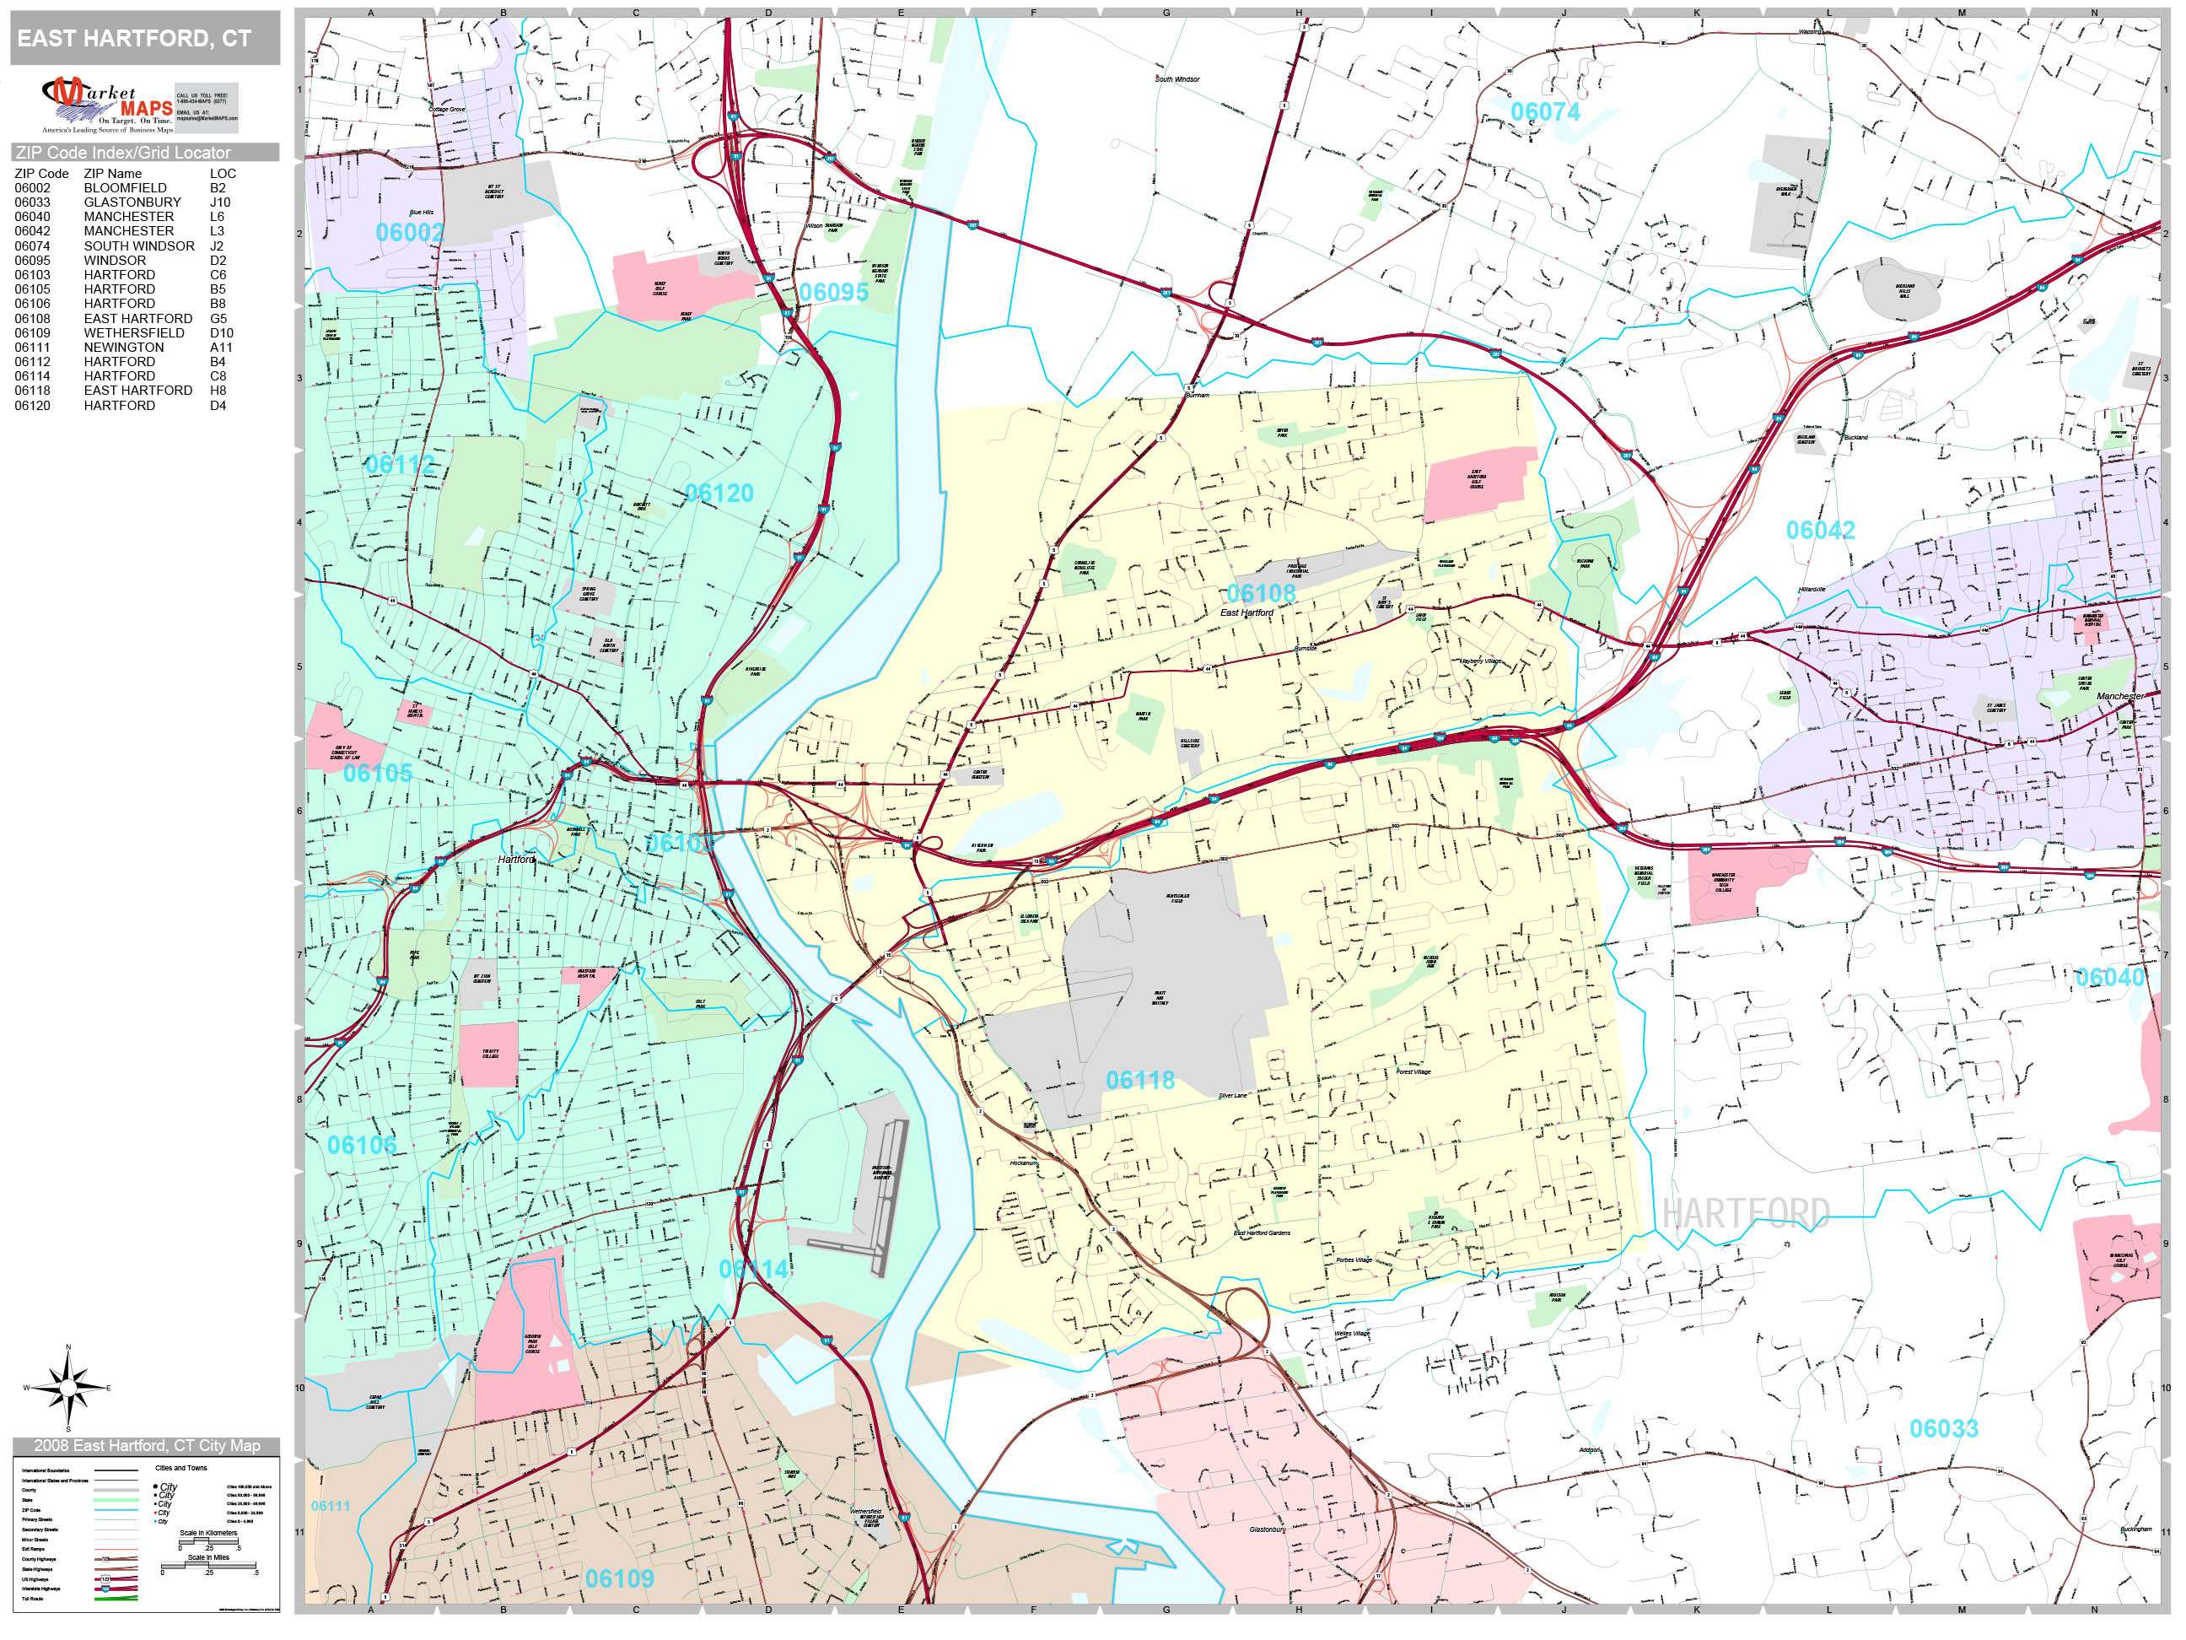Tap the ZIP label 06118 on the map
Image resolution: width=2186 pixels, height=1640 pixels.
coord(1139,1081)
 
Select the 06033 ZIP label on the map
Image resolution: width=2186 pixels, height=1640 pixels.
coord(1943,1428)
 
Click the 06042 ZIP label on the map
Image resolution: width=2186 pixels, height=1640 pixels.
coord(1819,531)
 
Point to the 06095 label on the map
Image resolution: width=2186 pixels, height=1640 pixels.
coord(833,293)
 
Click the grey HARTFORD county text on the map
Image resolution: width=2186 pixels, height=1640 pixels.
coord(1745,1213)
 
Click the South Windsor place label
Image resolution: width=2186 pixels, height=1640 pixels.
coord(1177,79)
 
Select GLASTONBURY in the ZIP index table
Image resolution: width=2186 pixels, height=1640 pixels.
coord(132,202)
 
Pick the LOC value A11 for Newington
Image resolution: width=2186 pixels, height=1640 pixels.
coord(220,347)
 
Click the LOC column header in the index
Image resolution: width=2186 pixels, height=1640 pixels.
coord(223,173)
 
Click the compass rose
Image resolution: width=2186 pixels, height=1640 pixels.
coord(67,1388)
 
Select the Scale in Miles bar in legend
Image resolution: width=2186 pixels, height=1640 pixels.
coord(208,1570)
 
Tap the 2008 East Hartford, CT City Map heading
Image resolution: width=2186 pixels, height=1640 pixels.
coord(146,1445)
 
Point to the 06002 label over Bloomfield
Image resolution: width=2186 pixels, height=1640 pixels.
coord(408,232)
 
